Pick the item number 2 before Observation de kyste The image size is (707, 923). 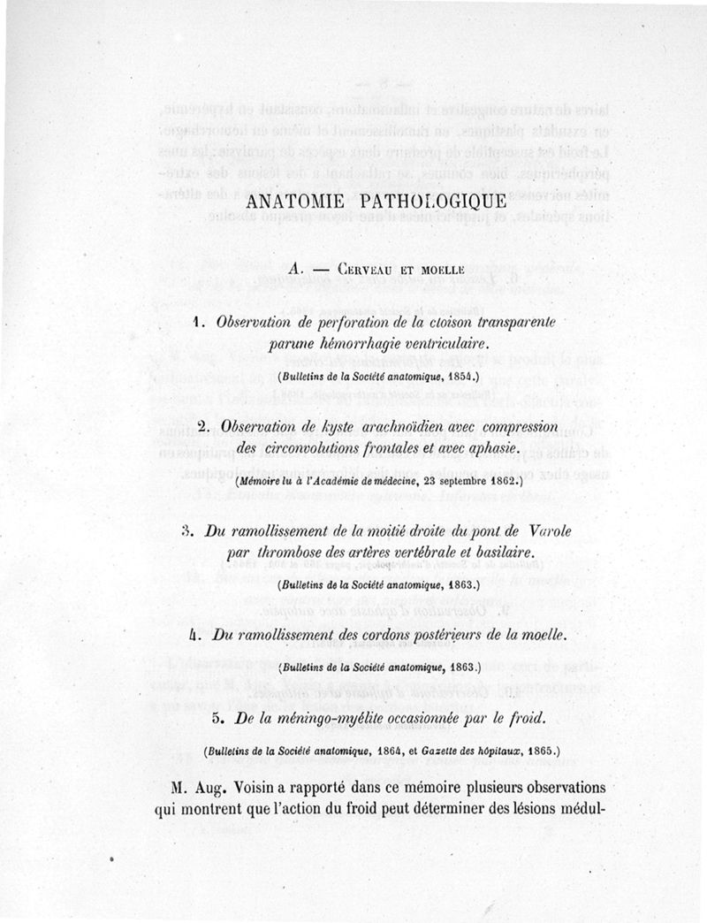coord(202,427)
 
